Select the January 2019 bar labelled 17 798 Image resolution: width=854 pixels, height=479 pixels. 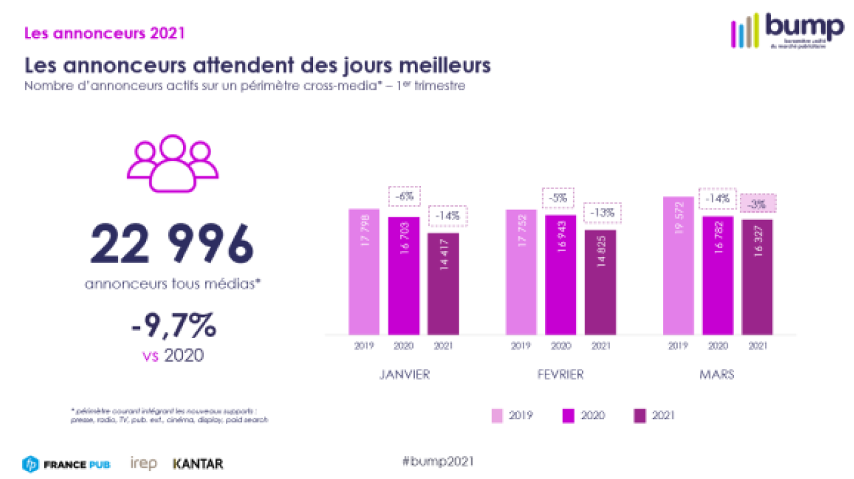pyautogui.click(x=364, y=271)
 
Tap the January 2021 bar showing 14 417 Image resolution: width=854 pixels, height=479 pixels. pyautogui.click(x=444, y=283)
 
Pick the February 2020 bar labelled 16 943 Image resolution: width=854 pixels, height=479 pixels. pyautogui.click(x=560, y=274)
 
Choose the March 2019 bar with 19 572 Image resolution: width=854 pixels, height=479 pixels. pyautogui.click(x=678, y=266)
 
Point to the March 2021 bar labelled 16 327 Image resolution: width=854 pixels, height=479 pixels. pyautogui.click(x=758, y=276)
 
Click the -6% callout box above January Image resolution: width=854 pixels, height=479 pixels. pyautogui.click(x=404, y=197)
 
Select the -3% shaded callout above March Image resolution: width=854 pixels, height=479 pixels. pyautogui.click(x=758, y=203)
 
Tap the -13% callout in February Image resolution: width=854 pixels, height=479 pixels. pyautogui.click(x=601, y=213)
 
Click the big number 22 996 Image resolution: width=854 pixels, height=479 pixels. pyautogui.click(x=172, y=246)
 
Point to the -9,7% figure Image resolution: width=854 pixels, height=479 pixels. pyautogui.click(x=173, y=328)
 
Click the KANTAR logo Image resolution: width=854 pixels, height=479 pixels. pyautogui.click(x=198, y=464)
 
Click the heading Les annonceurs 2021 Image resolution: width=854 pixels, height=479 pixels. pyautogui.click(x=104, y=32)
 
